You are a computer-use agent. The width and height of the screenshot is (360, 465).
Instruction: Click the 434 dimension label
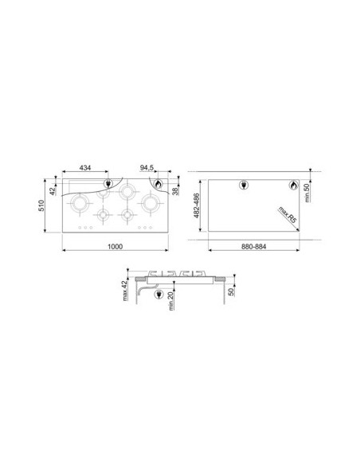tap(85, 168)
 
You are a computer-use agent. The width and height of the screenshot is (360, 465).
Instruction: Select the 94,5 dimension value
tap(147, 168)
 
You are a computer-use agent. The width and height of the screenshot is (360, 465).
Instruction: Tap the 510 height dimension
tap(41, 205)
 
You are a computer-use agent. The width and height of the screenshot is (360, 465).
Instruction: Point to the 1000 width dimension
tap(115, 247)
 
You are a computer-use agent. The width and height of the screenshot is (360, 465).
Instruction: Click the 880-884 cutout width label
tap(254, 247)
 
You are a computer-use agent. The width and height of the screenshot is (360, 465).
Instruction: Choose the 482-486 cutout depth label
tap(196, 205)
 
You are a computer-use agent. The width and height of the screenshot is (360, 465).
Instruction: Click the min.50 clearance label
tap(307, 193)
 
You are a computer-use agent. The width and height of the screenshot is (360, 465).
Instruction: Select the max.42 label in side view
tap(124, 291)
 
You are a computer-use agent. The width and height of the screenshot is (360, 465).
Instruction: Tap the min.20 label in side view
tap(170, 301)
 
